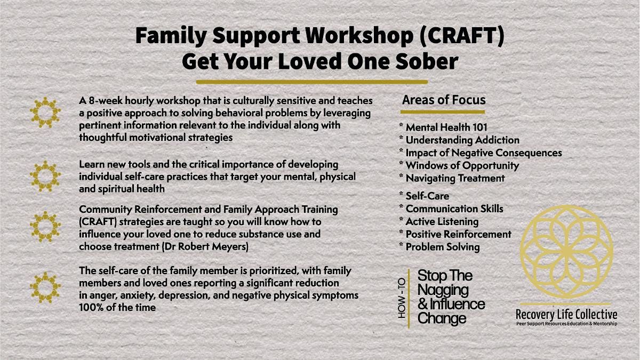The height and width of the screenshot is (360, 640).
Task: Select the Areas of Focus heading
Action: [444, 100]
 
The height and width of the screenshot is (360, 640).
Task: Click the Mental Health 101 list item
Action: [446, 127]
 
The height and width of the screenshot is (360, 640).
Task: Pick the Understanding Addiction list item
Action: [462, 140]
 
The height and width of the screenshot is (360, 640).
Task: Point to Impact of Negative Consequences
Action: [483, 153]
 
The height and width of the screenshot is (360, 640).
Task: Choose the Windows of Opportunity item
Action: [462, 165]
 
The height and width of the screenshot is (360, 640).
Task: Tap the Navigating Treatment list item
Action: [454, 178]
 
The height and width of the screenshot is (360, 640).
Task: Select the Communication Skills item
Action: [454, 209]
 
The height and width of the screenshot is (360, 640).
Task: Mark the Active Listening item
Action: [442, 221]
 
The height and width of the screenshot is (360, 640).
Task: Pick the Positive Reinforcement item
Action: [458, 234]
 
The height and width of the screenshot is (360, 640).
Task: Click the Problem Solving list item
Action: [442, 247]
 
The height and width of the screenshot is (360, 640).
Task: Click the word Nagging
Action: [443, 290]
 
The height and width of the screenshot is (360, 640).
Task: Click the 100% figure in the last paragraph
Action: [91, 308]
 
